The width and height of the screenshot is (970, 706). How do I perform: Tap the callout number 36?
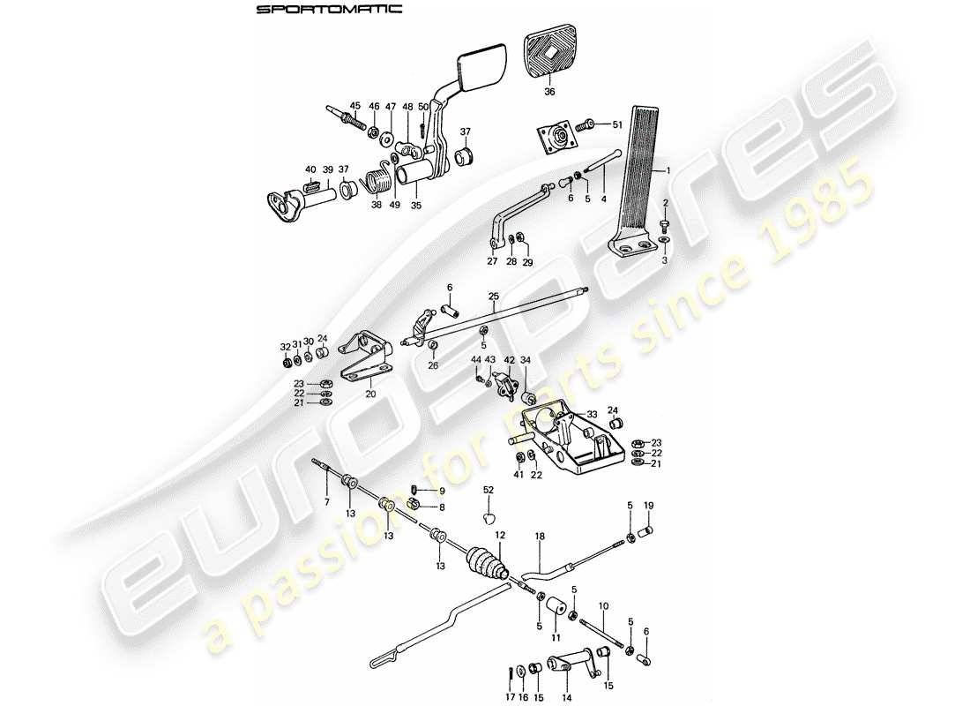coord(549,91)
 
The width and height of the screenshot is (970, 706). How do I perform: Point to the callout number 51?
coord(616,125)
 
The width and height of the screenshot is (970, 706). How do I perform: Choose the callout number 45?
coord(354,107)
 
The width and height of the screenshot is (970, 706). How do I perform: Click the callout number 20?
coord(370,394)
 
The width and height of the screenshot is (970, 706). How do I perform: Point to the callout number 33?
coord(592,414)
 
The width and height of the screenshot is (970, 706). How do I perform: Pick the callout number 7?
coord(326,502)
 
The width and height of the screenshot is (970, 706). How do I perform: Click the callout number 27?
coord(492,262)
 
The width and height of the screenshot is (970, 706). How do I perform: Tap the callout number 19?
coord(648,506)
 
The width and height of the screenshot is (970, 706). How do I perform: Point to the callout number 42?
coord(509,360)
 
